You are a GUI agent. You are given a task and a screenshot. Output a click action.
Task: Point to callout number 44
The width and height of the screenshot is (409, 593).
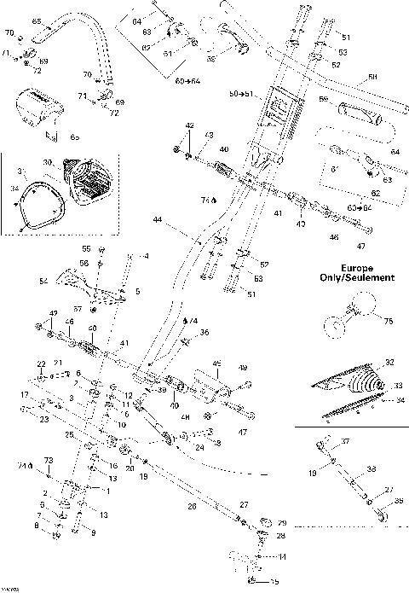coord(157,220)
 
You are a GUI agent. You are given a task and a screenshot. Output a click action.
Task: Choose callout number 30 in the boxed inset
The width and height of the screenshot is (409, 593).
coord(48,163)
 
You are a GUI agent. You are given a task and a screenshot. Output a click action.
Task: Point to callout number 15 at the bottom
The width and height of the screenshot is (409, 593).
coord(275,583)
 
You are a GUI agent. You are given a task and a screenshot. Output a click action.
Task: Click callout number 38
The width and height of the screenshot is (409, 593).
coord(372,468)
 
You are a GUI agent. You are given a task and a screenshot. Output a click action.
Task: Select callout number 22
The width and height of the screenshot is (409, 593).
coord(40,363)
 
